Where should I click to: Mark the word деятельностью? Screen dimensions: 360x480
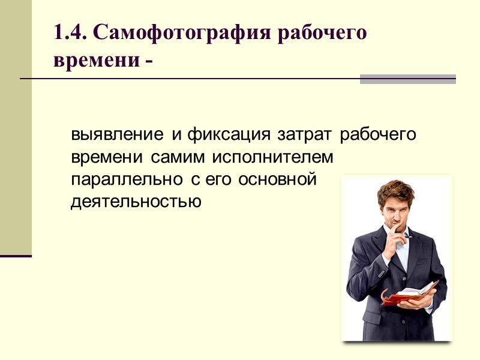tap(136, 202)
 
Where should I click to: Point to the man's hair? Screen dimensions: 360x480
tap(396, 191)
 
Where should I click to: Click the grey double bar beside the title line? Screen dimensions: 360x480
tap(408, 79)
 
